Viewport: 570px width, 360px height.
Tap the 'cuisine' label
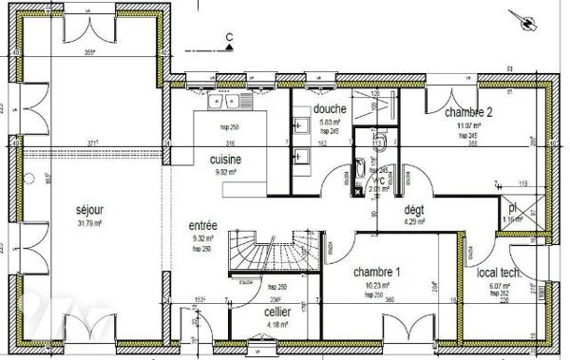(x=228, y=159)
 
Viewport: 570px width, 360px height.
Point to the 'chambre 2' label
(x=467, y=111)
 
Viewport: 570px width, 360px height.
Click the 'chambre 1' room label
(x=376, y=273)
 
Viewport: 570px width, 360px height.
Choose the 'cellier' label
(x=278, y=311)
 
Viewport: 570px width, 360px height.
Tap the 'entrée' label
(x=204, y=225)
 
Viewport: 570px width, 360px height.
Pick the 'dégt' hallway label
(x=413, y=210)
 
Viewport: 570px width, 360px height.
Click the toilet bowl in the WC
(x=377, y=141)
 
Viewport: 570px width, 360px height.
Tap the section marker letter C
(x=229, y=39)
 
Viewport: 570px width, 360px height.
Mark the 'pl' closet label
(x=511, y=206)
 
